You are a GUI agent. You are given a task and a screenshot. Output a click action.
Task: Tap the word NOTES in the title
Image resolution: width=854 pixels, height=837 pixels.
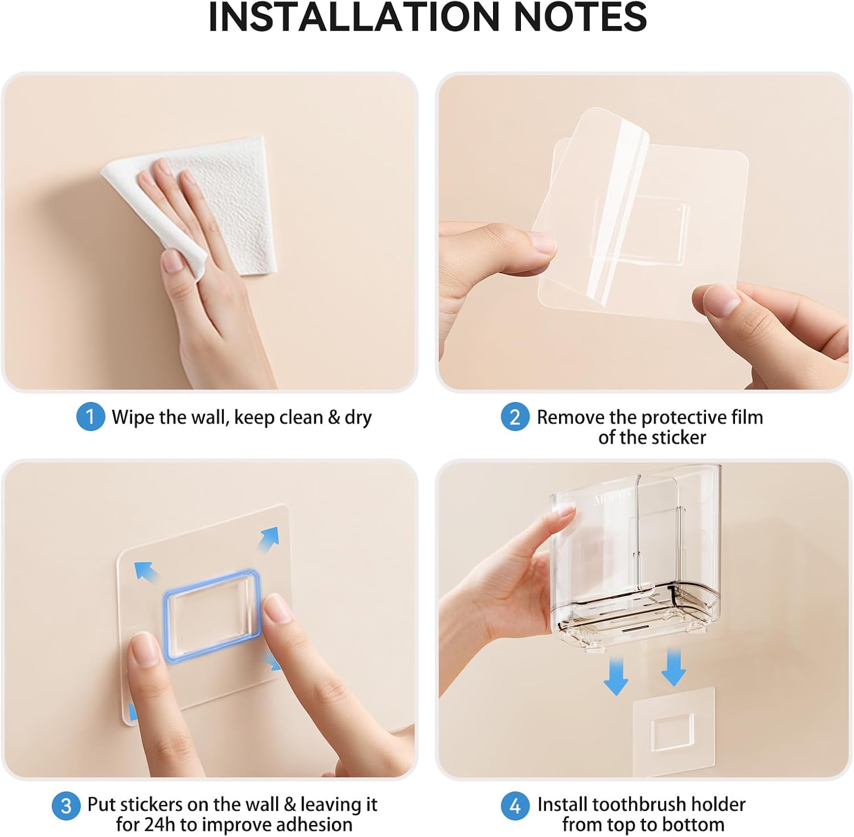pos(580,17)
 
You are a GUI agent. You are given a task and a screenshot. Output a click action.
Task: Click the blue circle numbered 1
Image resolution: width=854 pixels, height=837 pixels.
pos(91,417)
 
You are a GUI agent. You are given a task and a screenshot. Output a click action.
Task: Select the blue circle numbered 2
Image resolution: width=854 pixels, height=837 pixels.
pos(515,417)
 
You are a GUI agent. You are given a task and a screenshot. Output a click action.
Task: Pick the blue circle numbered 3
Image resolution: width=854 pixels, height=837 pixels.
pos(66,806)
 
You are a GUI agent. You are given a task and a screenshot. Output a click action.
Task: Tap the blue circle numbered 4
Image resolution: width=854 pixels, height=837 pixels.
pos(515,806)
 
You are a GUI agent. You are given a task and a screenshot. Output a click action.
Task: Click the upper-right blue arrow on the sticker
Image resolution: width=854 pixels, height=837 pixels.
pos(268,538)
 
